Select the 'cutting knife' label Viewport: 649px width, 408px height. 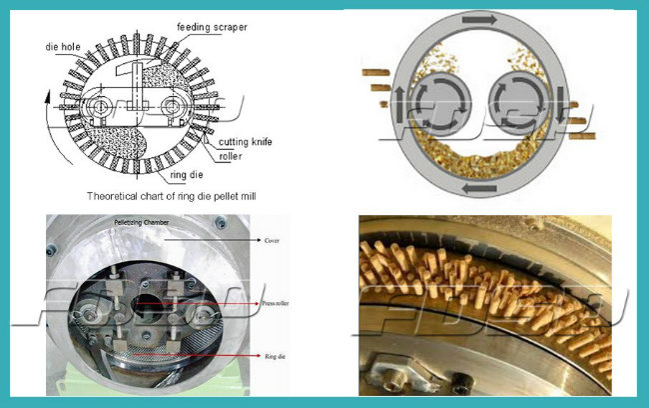point(247,141)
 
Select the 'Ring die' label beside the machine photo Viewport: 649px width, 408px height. point(275,353)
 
